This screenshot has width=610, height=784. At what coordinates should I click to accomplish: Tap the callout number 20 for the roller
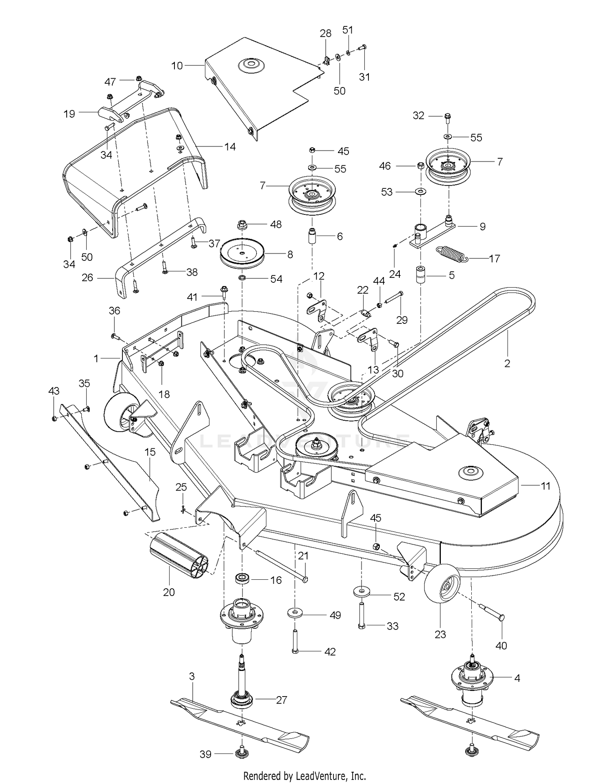(x=169, y=592)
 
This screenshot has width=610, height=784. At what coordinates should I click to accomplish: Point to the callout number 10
(x=177, y=65)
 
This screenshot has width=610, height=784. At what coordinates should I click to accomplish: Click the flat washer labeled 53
(x=420, y=191)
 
